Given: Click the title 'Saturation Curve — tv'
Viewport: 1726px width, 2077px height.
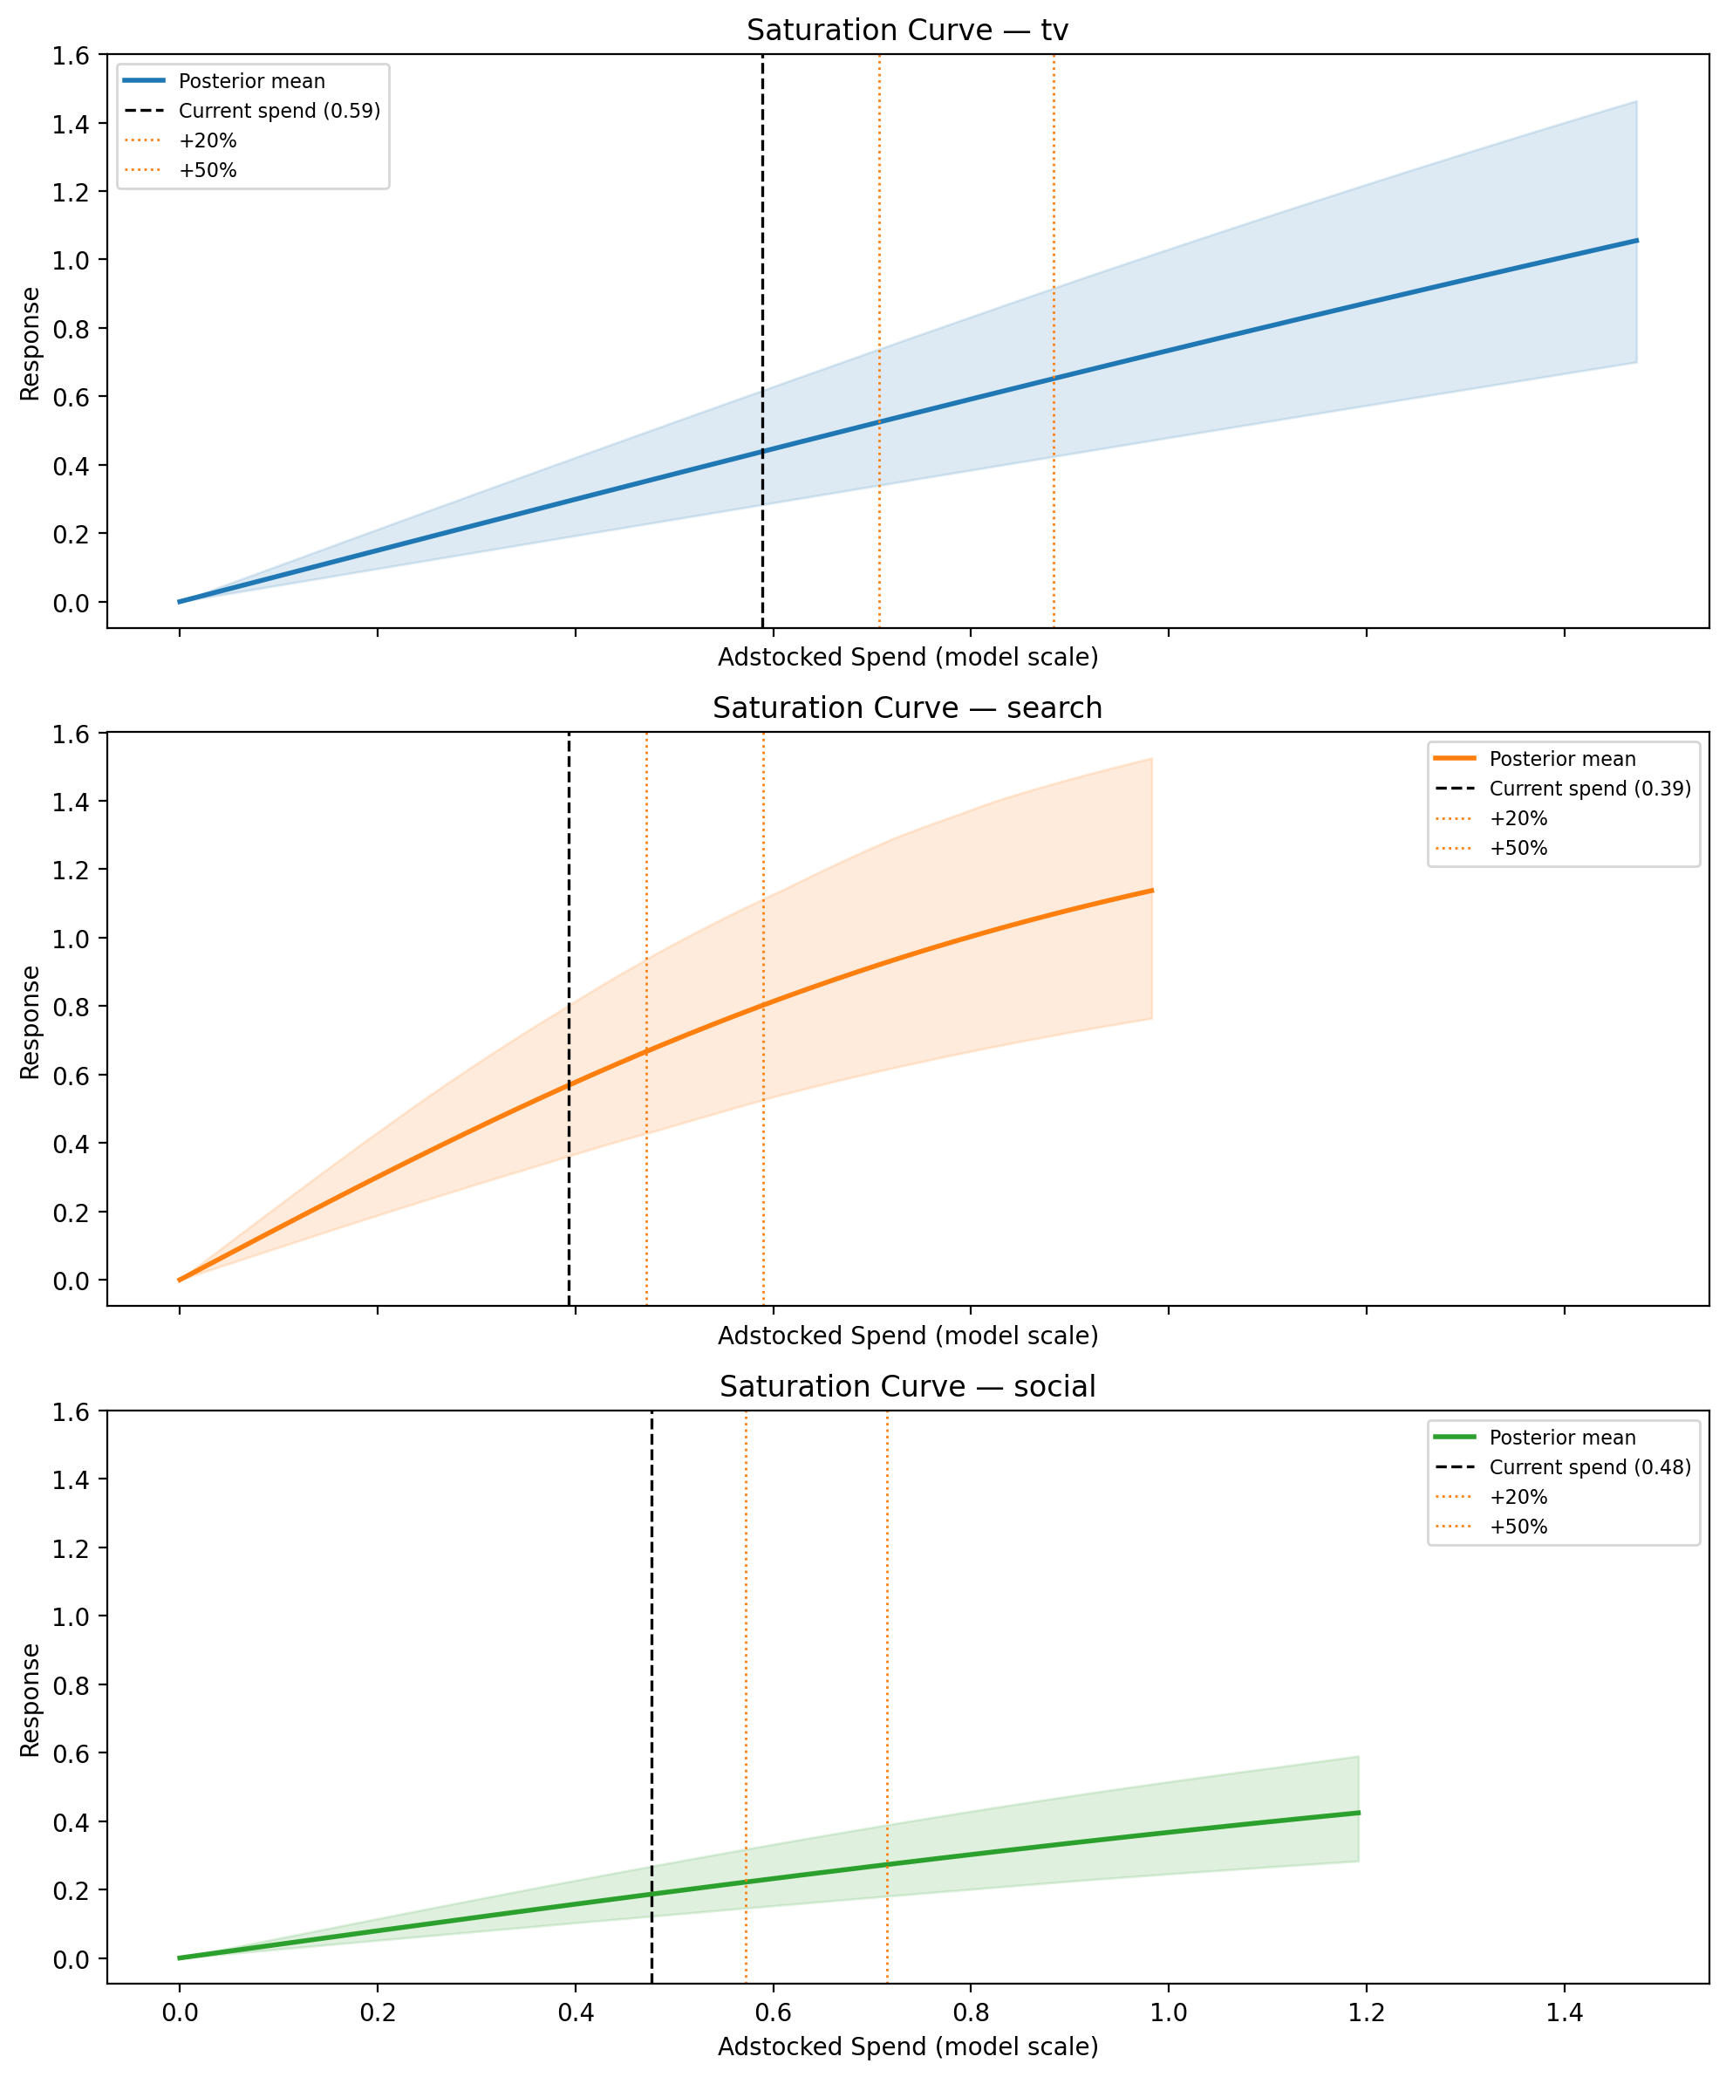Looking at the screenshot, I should (907, 31).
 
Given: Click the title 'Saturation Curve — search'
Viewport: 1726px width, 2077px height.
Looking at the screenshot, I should (907, 708).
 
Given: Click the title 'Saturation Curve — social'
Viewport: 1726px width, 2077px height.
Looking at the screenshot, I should (907, 1387).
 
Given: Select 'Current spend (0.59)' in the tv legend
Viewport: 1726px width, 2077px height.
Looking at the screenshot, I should (279, 111).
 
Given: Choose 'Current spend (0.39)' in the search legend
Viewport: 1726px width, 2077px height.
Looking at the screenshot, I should (1589, 789).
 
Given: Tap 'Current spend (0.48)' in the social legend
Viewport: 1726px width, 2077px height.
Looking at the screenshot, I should (1589, 1466).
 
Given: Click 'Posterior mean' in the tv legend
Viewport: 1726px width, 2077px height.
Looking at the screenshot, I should (251, 81).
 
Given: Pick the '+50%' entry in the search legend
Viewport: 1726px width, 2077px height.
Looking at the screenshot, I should (1518, 848).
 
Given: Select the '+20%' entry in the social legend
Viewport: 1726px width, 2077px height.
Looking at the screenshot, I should (1518, 1496).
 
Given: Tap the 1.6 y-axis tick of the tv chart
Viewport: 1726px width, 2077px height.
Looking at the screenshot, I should (71, 57).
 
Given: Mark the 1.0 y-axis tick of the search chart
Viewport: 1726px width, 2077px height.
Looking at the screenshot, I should (71, 938).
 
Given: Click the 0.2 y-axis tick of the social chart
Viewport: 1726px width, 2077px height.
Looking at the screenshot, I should (71, 1889).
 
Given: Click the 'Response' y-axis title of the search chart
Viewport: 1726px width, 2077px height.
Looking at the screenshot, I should (31, 1021).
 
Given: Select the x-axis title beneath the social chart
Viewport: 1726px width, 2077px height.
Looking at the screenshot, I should (907, 2046).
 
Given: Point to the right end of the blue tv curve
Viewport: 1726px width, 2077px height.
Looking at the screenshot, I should (1636, 241).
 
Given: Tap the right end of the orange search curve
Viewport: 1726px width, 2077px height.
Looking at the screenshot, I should (1151, 892).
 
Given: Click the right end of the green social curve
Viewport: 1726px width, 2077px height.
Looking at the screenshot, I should (1358, 1813).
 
